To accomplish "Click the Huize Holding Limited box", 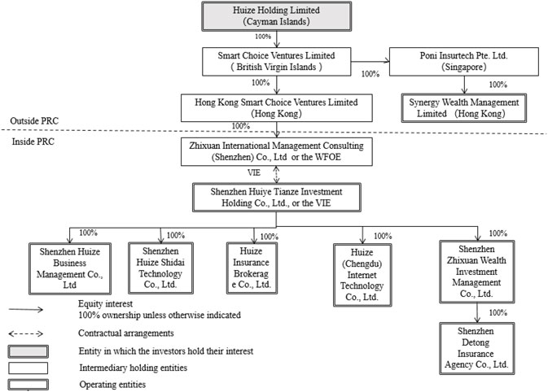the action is pyautogui.click(x=277, y=16).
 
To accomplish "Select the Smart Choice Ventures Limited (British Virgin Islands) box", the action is pyautogui.click(x=277, y=62).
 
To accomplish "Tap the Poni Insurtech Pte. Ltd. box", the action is pyautogui.click(x=464, y=62).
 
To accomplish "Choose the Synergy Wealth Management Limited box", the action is pyautogui.click(x=464, y=108).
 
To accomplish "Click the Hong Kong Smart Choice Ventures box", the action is pyautogui.click(x=277, y=108).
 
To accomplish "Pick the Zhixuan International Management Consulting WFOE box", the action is pyautogui.click(x=277, y=151).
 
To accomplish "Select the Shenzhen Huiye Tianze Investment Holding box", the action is pyautogui.click(x=277, y=198).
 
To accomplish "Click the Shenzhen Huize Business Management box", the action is pyautogui.click(x=70, y=268).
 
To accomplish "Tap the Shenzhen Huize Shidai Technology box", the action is pyautogui.click(x=160, y=268).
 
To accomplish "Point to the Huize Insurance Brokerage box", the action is pyautogui.click(x=252, y=268).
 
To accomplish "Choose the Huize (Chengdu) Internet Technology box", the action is pyautogui.click(x=362, y=275).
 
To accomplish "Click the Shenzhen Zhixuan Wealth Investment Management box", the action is pyautogui.click(x=476, y=272).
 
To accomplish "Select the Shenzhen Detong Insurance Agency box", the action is pyautogui.click(x=476, y=348).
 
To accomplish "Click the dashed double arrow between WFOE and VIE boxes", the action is pyautogui.click(x=277, y=175).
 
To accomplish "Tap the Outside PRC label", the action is pyautogui.click(x=34, y=121).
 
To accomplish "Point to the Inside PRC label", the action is pyautogui.click(x=33, y=142).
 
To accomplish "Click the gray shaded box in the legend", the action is pyautogui.click(x=28, y=351).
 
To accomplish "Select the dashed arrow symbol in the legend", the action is pyautogui.click(x=26, y=333).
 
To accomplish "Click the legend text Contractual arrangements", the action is pyautogui.click(x=126, y=333).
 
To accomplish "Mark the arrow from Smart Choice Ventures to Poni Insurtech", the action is pyautogui.click(x=370, y=62).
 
